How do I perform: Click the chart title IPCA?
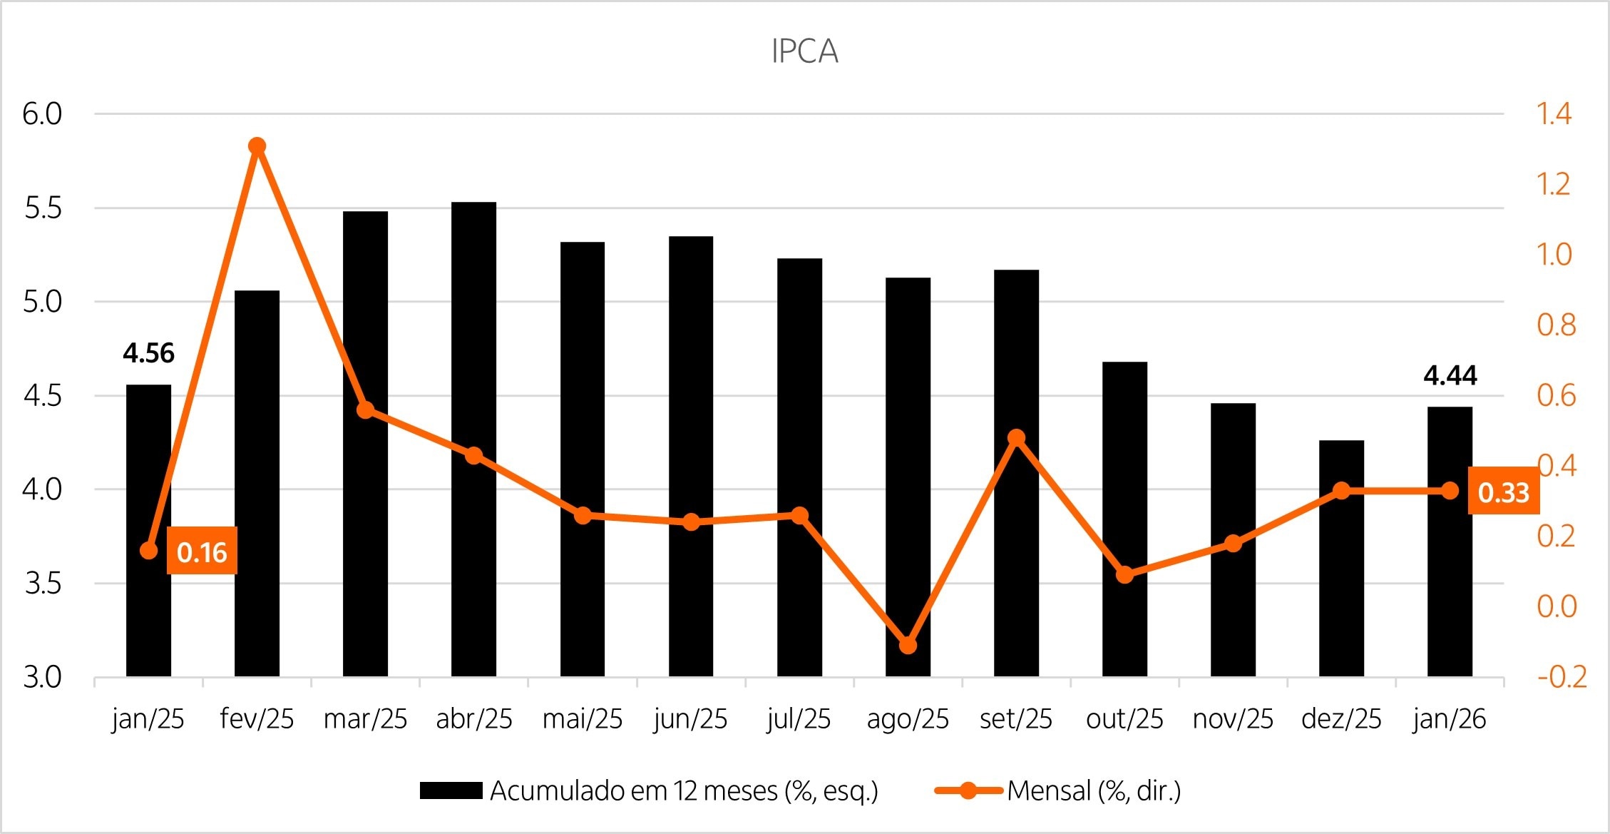pyautogui.click(x=804, y=51)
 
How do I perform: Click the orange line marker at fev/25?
pyautogui.click(x=257, y=146)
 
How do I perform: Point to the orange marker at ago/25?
pyautogui.click(x=908, y=645)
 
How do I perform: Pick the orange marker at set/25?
pyautogui.click(x=1017, y=437)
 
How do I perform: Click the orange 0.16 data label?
pyautogui.click(x=202, y=551)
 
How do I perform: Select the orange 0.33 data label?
pyautogui.click(x=1503, y=492)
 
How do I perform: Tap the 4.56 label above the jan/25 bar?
pyautogui.click(x=148, y=353)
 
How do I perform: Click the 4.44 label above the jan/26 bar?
pyautogui.click(x=1450, y=375)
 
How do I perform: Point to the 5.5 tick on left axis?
pyautogui.click(x=43, y=208)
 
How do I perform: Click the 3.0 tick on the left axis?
pyautogui.click(x=43, y=677)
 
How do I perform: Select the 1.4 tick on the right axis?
pyautogui.click(x=1554, y=113)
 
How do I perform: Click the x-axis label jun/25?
pyautogui.click(x=690, y=719)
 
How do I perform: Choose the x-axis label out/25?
pyautogui.click(x=1124, y=719)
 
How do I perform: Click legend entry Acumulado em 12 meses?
pyautogui.click(x=649, y=790)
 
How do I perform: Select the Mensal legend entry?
pyautogui.click(x=1059, y=790)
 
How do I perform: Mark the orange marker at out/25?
pyautogui.click(x=1124, y=574)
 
